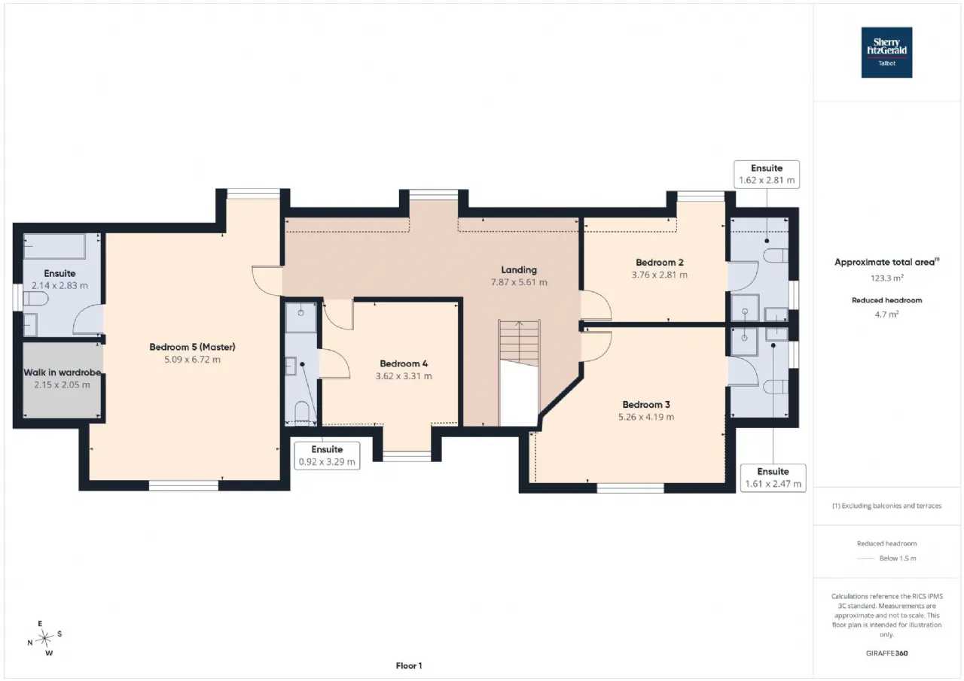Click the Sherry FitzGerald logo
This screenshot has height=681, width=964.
(886, 53)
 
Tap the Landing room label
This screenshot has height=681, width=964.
(519, 270)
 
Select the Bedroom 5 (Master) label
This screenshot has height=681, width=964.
(192, 347)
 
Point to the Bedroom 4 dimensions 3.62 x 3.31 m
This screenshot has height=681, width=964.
(404, 376)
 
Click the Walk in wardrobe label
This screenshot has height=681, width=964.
(63, 372)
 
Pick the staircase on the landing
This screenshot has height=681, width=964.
(519, 342)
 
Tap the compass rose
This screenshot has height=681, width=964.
(44, 638)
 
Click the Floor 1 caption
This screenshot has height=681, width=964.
(409, 665)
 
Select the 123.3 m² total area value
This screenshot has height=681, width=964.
(886, 278)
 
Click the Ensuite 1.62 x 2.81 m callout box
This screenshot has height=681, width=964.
(767, 175)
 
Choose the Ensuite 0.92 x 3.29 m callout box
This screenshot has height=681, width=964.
(327, 456)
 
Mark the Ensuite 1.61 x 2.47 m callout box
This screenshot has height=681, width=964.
(773, 478)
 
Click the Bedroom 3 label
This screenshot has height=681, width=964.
(646, 405)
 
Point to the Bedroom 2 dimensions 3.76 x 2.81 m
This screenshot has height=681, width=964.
(659, 275)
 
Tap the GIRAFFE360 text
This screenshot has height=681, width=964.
(886, 653)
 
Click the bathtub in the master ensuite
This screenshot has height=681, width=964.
(54, 246)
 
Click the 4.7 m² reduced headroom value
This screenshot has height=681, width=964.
(886, 315)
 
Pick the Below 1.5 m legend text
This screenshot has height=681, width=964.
(898, 558)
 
